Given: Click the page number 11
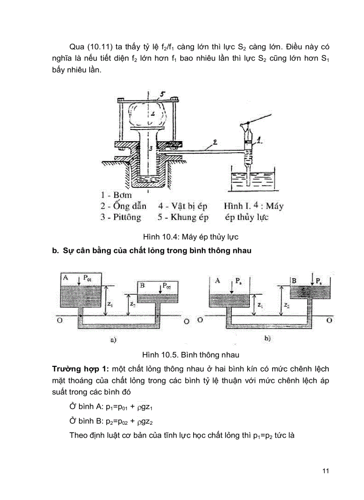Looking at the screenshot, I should tap(325, 472).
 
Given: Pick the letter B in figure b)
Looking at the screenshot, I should tap(294, 280).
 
